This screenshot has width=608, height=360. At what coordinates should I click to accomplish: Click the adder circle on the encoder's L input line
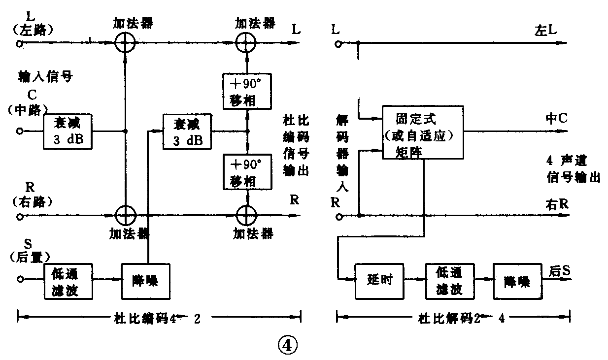pyautogui.click(x=125, y=43)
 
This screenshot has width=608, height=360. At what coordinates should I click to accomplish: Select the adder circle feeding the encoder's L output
pyautogui.click(x=246, y=43)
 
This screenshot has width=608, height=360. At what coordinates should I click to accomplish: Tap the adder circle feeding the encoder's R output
pyautogui.click(x=246, y=215)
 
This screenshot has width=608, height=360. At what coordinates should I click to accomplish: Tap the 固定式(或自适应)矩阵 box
pyautogui.click(x=423, y=132)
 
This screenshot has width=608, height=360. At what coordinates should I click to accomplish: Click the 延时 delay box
pyautogui.click(x=379, y=281)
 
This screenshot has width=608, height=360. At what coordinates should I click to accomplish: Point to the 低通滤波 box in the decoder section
pyautogui.click(x=449, y=281)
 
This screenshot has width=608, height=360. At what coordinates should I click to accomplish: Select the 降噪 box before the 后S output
pyautogui.click(x=516, y=281)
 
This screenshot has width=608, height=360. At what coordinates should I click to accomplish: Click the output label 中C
pyautogui.click(x=556, y=119)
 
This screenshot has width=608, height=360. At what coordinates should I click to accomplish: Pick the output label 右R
pyautogui.click(x=557, y=203)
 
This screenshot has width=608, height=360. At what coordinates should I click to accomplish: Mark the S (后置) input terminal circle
pyautogui.click(x=20, y=279)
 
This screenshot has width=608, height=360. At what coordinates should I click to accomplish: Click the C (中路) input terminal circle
pyautogui.click(x=20, y=131)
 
